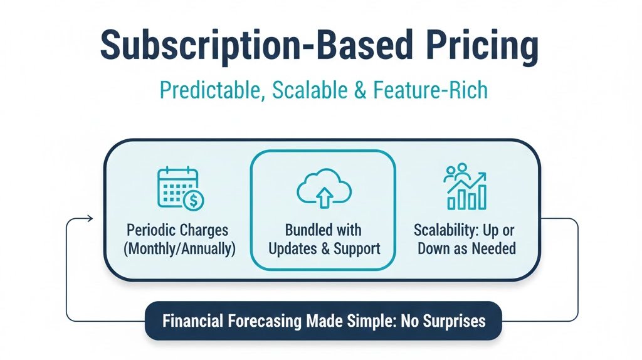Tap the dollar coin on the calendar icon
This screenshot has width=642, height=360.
click(193, 201)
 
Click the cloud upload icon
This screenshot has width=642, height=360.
click(323, 188)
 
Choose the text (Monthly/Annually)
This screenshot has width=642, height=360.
click(180, 248)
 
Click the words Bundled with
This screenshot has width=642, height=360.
click(324, 230)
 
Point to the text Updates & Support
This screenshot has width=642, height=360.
click(324, 248)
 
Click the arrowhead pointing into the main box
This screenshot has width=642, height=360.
click(90, 218)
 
